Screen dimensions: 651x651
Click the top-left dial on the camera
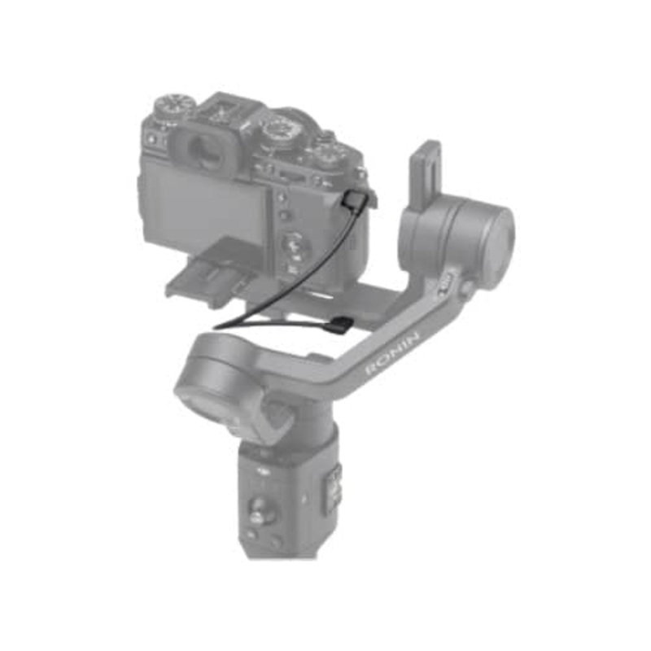(x=174, y=107)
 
